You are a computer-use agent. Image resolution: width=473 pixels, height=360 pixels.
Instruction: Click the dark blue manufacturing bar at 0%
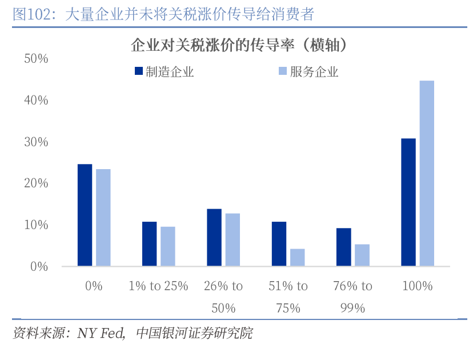[85, 215]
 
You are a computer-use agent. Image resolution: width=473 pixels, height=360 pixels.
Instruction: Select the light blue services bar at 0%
[103, 218]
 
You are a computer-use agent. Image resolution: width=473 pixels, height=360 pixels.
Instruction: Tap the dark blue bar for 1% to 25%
[150, 244]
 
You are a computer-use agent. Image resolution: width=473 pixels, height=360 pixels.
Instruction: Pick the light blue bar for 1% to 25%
[168, 246]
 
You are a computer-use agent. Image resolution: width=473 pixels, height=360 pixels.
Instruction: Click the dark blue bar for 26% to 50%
[214, 238]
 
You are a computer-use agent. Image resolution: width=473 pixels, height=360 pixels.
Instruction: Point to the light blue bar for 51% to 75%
[297, 258]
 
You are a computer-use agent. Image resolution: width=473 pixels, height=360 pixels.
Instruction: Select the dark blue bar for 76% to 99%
[343, 247]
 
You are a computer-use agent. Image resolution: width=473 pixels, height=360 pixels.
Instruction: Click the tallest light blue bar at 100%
[427, 173]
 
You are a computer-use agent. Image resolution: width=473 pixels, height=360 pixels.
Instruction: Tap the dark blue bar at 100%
[408, 202]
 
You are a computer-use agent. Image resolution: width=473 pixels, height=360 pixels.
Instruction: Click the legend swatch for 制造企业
[139, 71]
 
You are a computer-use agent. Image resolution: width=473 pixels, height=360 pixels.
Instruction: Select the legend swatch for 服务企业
[282, 71]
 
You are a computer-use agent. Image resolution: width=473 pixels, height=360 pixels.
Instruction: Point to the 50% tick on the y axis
[37, 59]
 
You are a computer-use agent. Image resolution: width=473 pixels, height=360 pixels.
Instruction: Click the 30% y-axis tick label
[37, 142]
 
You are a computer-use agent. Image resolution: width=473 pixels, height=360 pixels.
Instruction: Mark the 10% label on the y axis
[37, 225]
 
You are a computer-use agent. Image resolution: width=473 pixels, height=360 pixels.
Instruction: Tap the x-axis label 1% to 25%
[159, 286]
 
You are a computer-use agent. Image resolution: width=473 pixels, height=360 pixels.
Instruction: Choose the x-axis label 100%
[418, 286]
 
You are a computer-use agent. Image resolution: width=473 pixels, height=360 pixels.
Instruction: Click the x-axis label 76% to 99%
[352, 297]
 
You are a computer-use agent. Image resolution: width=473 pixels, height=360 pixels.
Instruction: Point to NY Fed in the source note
[101, 333]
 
